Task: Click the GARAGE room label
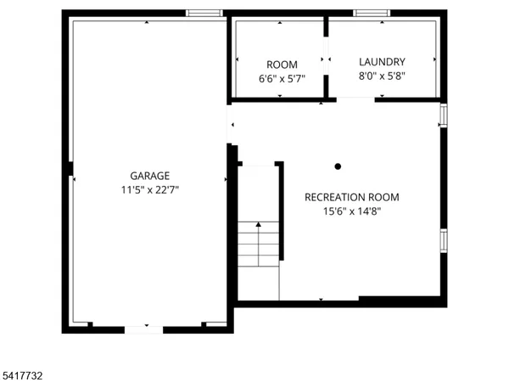tap(149, 177)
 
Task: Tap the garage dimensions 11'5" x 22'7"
tap(149, 190)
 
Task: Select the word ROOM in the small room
tap(282, 65)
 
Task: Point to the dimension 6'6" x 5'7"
tap(282, 78)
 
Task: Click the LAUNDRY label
tap(382, 62)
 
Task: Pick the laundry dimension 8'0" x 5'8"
tap(382, 76)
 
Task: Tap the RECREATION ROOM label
tap(351, 197)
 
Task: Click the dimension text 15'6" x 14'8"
tap(351, 211)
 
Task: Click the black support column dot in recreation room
tap(338, 166)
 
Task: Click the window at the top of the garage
tap(204, 13)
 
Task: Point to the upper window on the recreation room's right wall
tap(442, 115)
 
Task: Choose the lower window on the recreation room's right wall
tap(442, 240)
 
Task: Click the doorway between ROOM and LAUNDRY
tap(325, 59)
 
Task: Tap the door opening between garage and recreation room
tap(230, 126)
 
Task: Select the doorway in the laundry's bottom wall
tap(355, 99)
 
